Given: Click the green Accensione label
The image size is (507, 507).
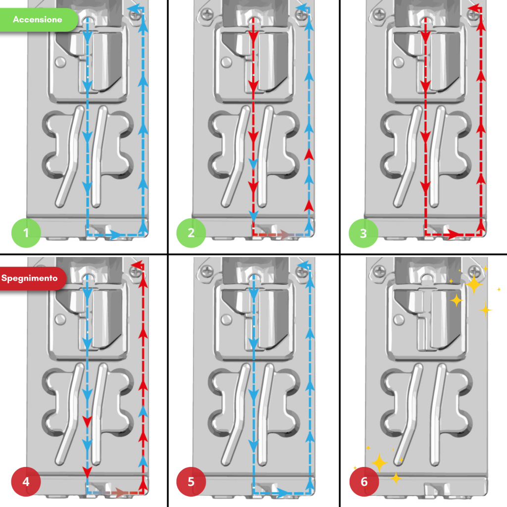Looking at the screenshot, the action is [x=38, y=20].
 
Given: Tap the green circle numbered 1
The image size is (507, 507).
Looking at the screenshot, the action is [x=26, y=233].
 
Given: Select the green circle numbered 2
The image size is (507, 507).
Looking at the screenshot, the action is [x=191, y=233].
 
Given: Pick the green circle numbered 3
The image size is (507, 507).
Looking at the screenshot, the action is [x=363, y=233].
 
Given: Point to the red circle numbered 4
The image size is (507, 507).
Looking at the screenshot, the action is [x=26, y=482].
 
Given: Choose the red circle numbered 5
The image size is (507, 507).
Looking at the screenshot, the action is [x=191, y=482].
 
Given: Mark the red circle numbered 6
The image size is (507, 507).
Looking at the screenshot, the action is [x=364, y=482].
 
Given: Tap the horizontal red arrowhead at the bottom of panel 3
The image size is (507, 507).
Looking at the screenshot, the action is [x=454, y=234].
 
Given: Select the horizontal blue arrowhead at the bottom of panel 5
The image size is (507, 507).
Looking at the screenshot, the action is [x=282, y=493].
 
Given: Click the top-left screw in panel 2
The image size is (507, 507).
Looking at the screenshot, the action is [x=207, y=14].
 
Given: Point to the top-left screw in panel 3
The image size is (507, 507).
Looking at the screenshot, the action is [x=379, y=14].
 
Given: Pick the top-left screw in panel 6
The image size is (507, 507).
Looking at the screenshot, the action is [x=379, y=271].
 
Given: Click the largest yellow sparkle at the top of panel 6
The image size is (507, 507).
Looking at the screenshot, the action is [x=474, y=284].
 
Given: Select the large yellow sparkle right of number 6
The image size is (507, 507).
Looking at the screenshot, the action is [x=379, y=463].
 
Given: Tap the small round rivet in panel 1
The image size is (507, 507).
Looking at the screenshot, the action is [x=60, y=62].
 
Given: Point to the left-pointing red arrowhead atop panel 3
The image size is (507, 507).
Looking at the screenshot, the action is [x=474, y=8].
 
